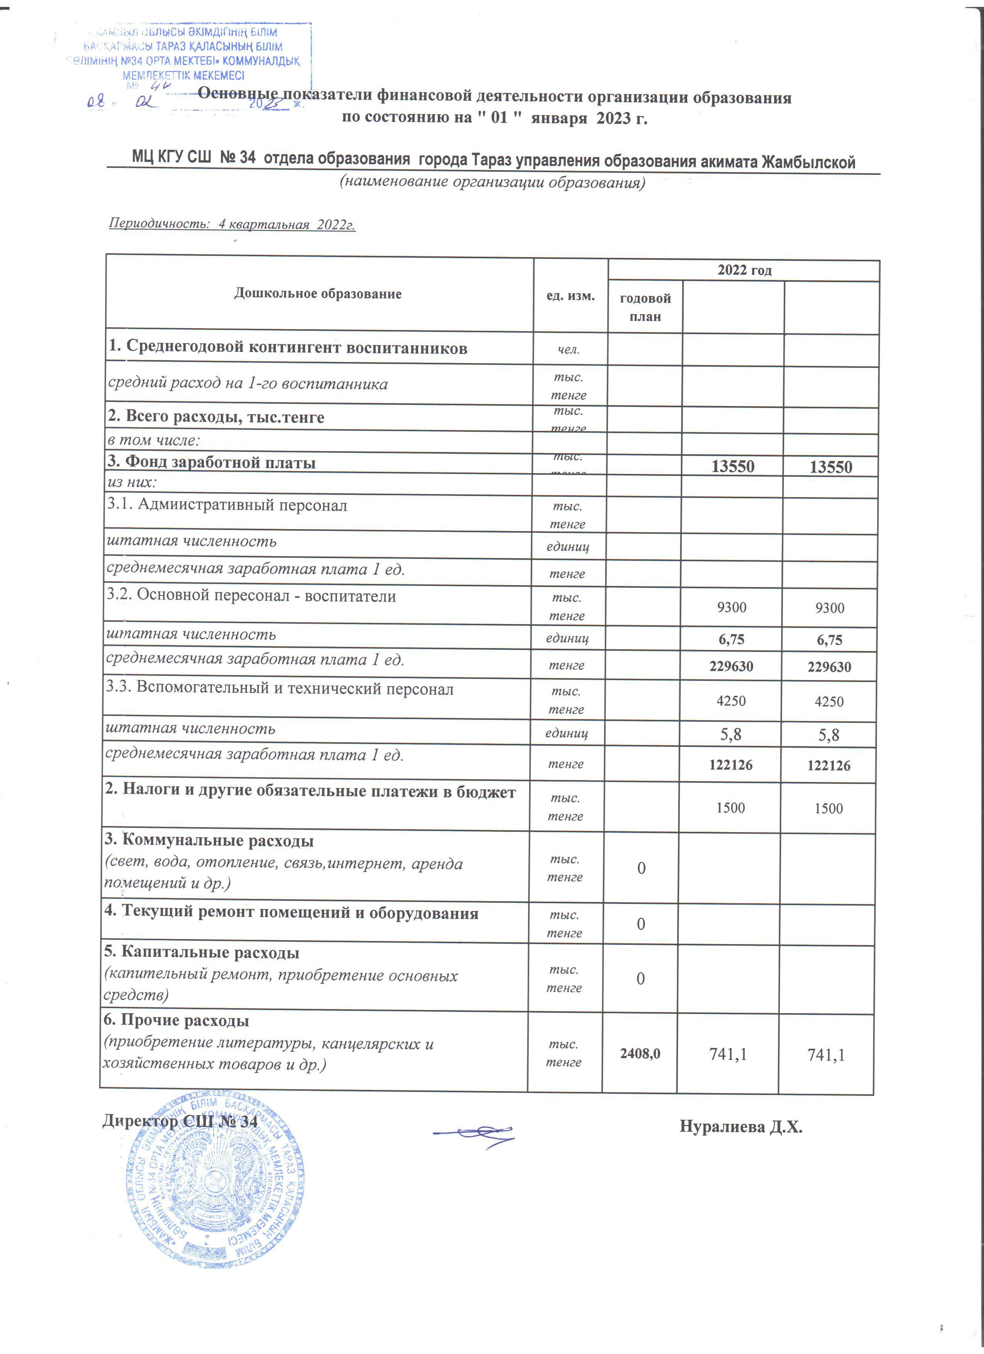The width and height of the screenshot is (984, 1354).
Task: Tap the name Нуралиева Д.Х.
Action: click(x=741, y=1127)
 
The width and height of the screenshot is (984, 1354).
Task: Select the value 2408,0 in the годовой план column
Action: click(x=640, y=1054)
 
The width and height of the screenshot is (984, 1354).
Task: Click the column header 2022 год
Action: click(x=744, y=271)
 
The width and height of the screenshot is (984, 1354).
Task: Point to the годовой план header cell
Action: click(x=645, y=307)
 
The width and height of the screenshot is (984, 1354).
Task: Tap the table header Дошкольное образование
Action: click(x=318, y=294)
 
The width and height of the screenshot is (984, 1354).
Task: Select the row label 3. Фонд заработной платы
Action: click(x=212, y=463)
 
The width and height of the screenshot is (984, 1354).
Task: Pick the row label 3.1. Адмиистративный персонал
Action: click(x=227, y=506)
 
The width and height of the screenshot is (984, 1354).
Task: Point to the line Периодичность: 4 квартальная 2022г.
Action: click(x=232, y=225)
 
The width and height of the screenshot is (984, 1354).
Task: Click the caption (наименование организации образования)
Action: click(x=492, y=182)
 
